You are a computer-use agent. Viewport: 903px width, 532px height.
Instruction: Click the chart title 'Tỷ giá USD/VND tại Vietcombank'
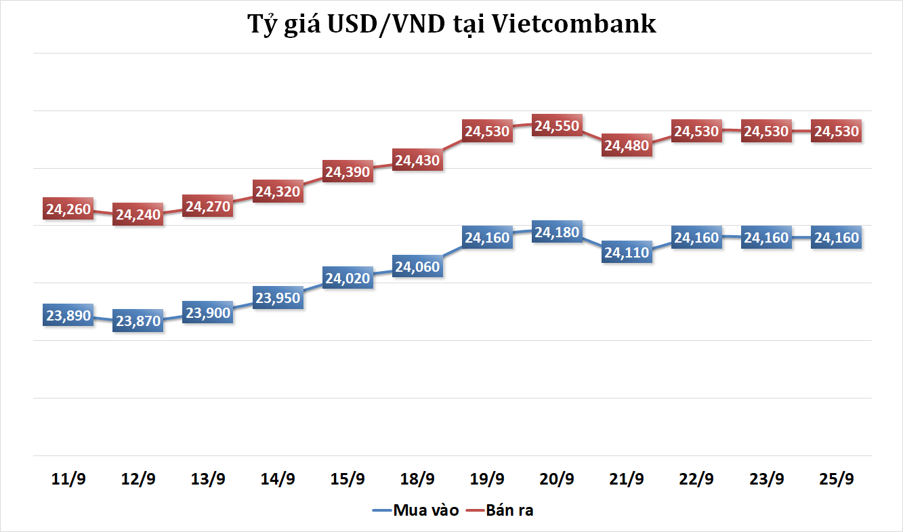pos(451,24)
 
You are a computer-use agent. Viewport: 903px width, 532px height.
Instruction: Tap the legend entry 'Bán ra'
pos(509,510)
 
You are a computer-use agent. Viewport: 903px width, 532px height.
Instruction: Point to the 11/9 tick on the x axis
pos(68,479)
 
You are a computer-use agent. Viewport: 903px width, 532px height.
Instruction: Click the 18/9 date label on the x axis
pos(417,479)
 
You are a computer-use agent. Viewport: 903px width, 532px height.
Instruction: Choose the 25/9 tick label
pos(837,479)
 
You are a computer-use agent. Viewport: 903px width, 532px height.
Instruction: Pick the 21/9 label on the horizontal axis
pos(627,479)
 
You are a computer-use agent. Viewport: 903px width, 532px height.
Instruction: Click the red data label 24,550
pos(557,126)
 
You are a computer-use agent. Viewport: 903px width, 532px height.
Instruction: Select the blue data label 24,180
pos(557,233)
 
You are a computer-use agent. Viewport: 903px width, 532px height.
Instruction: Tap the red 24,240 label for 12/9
pos(138,215)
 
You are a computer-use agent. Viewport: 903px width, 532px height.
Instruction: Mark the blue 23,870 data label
pos(138,321)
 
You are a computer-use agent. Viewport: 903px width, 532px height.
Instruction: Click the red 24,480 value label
pos(627,145)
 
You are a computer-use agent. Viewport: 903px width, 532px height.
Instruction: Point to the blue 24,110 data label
pos(627,253)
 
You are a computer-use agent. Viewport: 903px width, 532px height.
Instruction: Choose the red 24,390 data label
pos(348,172)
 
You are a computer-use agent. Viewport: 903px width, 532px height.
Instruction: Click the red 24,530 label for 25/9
pos(837,131)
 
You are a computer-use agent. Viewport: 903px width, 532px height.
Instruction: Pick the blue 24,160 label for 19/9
pos(486,238)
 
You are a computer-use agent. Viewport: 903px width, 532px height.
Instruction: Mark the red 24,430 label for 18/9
pos(417,161)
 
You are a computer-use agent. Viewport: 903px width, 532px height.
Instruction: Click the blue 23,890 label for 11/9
pos(68,315)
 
